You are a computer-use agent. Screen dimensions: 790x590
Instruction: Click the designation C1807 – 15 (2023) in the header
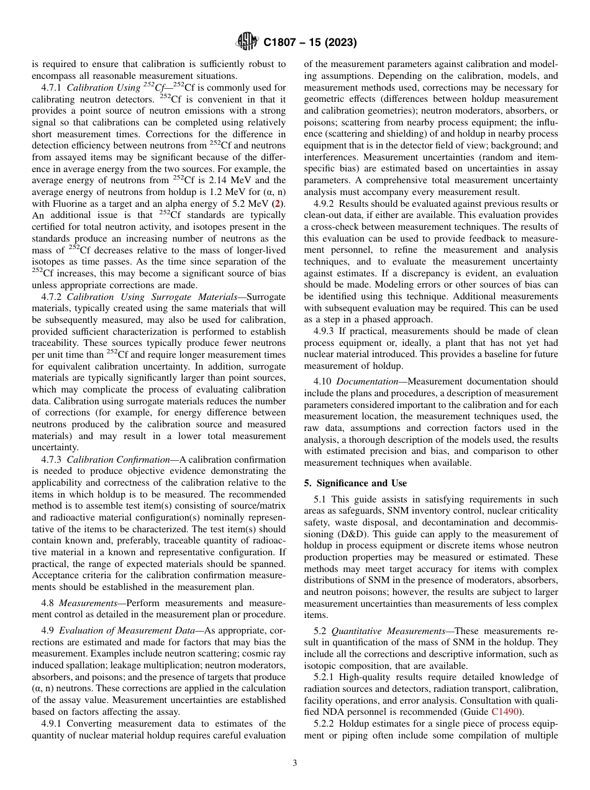[x=309, y=43]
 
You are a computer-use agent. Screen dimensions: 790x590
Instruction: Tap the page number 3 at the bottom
[x=295, y=763]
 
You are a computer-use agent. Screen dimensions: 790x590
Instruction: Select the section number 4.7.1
[x=52, y=88]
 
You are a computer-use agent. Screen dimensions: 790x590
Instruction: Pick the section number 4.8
[x=48, y=603]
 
